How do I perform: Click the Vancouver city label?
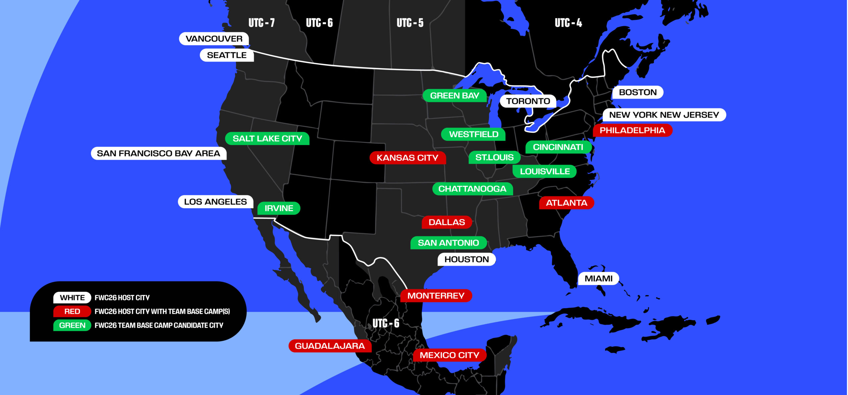tap(214, 39)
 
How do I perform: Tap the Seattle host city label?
tap(227, 55)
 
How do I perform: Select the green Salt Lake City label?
tap(267, 139)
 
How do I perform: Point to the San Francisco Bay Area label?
tap(158, 153)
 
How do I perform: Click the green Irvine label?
tap(279, 208)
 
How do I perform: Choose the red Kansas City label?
tap(407, 158)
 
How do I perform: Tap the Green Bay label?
tap(454, 96)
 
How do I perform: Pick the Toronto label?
tap(528, 101)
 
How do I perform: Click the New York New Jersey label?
tap(664, 115)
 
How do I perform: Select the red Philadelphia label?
tap(632, 130)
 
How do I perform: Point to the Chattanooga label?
tap(472, 189)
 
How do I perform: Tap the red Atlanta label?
tap(566, 203)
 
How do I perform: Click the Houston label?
tap(466, 259)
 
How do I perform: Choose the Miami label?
tap(599, 278)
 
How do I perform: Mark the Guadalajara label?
tap(330, 346)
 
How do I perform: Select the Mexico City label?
tap(450, 355)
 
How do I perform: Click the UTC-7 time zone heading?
tap(262, 23)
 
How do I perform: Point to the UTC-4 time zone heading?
tap(568, 23)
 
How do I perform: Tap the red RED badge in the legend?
tap(72, 311)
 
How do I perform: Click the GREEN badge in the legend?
tap(72, 325)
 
